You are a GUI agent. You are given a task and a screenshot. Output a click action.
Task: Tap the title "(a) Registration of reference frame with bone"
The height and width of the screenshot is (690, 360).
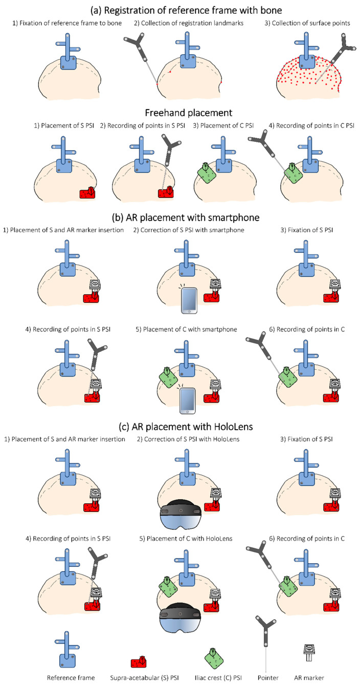click(x=179, y=9)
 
